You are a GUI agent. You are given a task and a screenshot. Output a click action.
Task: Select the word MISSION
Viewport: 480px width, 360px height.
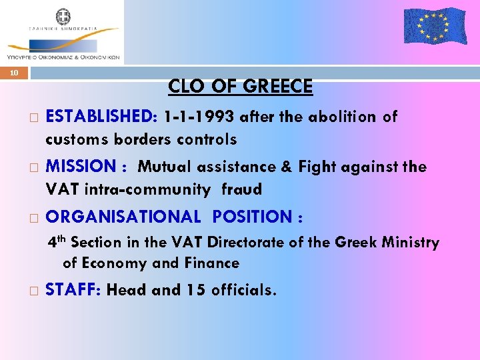pyautogui.click(x=81, y=167)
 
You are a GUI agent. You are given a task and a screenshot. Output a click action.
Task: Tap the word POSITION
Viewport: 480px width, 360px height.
pyautogui.click(x=253, y=217)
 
